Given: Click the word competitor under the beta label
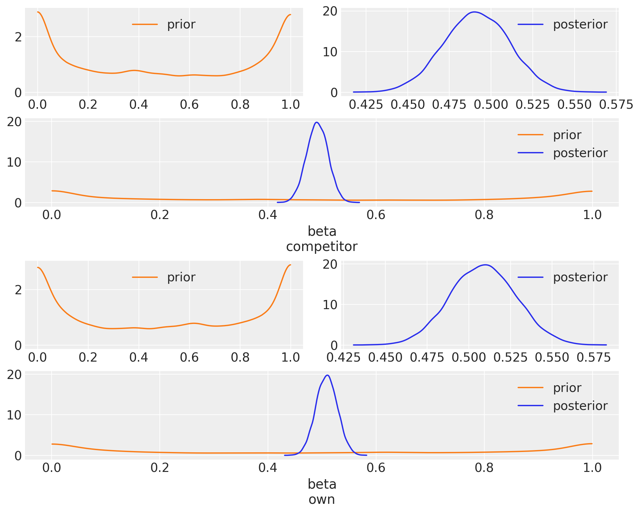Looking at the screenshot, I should [x=321, y=247].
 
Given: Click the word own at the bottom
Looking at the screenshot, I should [x=321, y=499].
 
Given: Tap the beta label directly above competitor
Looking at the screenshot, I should [x=322, y=232].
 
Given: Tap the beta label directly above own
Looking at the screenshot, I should [x=322, y=484].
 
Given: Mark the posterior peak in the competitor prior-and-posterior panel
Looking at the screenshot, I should [x=317, y=122].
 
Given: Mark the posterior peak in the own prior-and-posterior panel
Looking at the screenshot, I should [x=327, y=375].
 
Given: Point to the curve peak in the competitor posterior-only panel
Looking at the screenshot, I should [x=474, y=12].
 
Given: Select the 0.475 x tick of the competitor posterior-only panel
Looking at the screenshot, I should [x=449, y=105].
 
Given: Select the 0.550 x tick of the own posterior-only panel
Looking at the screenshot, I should [x=552, y=357].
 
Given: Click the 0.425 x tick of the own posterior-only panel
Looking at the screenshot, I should [x=344, y=357].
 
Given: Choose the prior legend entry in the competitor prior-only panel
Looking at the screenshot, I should [x=181, y=24].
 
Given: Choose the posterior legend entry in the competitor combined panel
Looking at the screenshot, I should [x=580, y=153].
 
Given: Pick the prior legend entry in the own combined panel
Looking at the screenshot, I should [x=567, y=388].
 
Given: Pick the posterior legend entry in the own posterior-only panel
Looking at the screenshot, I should [x=580, y=277].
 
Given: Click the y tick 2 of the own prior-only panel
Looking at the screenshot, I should [x=18, y=290].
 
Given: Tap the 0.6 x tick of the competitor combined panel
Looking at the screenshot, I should [x=376, y=215].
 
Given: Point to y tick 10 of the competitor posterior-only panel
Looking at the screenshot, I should [x=330, y=52].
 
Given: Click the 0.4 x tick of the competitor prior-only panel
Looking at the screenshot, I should [x=139, y=105].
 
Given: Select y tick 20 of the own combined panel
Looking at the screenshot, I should [x=14, y=375].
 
